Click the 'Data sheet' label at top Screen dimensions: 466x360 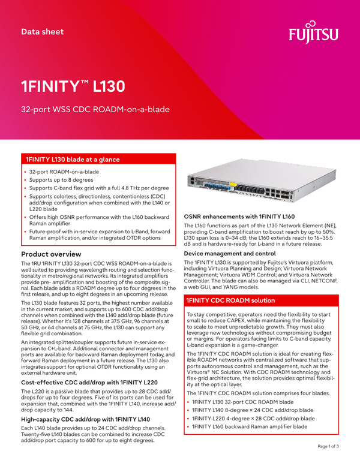[x=42, y=31]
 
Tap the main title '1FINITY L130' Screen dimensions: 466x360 [x=73, y=86]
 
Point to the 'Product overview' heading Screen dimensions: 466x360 [x=55, y=254]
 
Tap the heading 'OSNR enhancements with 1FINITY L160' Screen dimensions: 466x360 [x=239, y=216]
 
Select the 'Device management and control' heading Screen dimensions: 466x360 [x=229, y=254]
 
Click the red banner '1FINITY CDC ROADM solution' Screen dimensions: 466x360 [x=230, y=300]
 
